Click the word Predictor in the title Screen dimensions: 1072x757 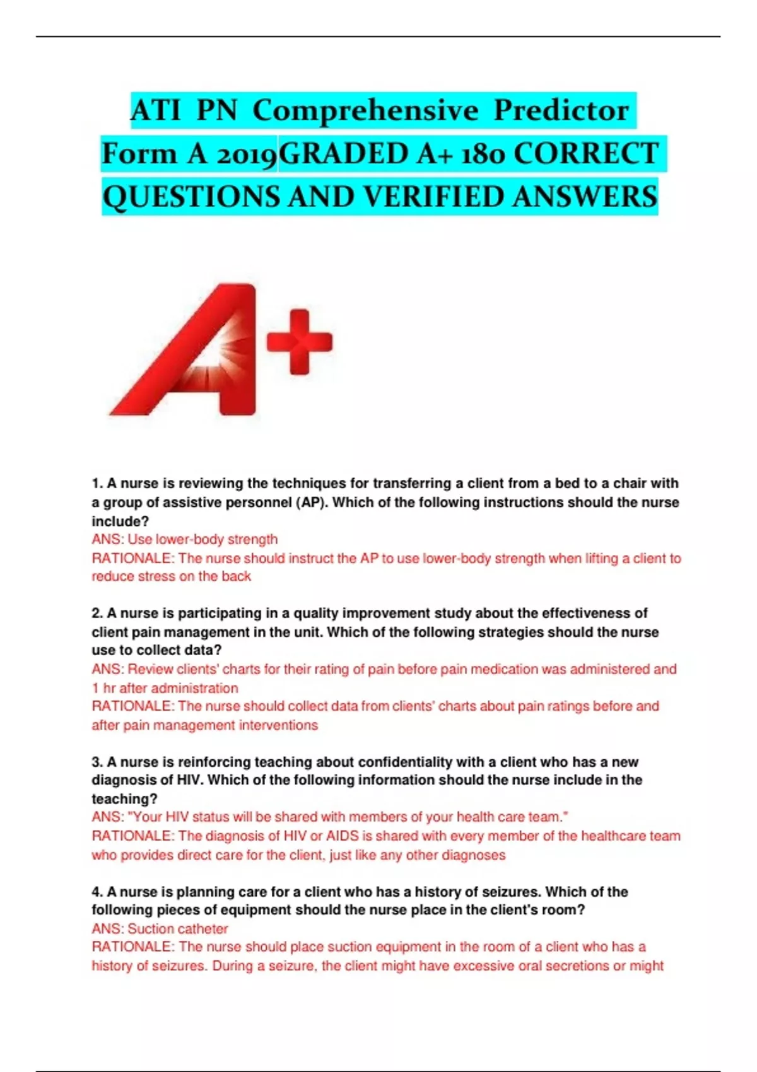561,110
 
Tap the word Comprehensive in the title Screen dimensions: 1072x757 365,110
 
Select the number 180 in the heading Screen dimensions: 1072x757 483,154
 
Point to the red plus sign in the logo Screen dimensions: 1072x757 300,342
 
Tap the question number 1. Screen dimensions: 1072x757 97,484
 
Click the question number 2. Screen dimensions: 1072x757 97,614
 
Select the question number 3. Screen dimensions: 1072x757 97,762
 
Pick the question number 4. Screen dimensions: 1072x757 97,892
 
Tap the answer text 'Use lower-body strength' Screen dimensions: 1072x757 202,540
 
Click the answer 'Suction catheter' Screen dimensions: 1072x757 177,929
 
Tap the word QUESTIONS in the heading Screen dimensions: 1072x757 191,197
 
